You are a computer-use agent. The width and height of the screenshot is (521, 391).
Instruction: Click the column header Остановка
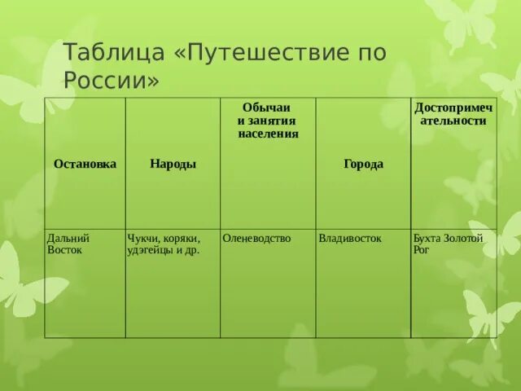[85, 164]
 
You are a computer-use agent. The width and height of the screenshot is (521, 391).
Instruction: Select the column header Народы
[173, 164]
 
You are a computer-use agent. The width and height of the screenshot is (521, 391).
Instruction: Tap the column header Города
[363, 164]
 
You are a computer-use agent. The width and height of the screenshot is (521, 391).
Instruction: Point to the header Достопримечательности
[453, 114]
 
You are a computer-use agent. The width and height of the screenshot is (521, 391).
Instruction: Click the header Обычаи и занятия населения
[268, 121]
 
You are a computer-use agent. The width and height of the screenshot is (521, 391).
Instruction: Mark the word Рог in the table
[422, 250]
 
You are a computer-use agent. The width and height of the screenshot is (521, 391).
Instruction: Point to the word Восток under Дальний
[65, 250]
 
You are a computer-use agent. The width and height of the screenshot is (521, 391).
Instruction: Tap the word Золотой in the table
[464, 238]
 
